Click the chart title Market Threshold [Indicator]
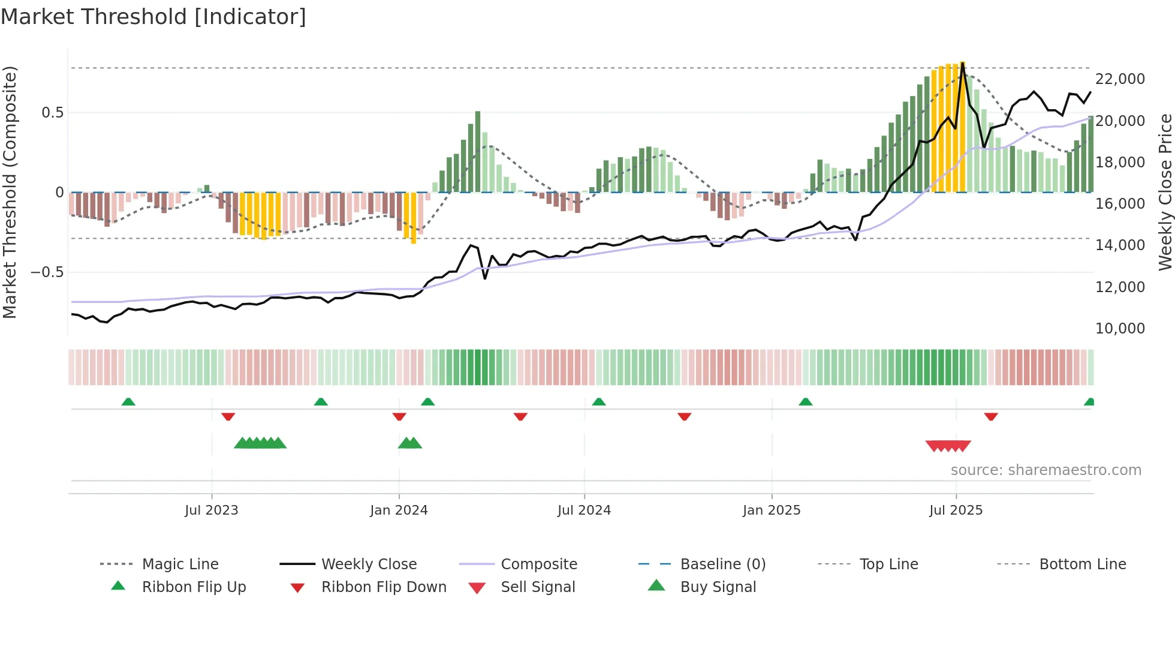153,17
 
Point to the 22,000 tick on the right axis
1120,79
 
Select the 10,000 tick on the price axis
1120,329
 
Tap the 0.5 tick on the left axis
52,113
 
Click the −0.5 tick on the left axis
47,272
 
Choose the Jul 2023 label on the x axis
212,510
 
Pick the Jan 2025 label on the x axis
772,510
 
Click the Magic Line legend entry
180,564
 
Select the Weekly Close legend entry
369,564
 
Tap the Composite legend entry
539,564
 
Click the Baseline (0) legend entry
723,564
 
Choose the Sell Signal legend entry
538,587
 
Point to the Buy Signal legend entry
718,587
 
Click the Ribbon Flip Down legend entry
384,587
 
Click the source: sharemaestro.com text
1046,470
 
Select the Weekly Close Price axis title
1165,192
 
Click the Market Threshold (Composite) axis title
10,192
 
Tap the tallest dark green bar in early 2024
478,150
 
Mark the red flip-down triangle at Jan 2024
399,416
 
